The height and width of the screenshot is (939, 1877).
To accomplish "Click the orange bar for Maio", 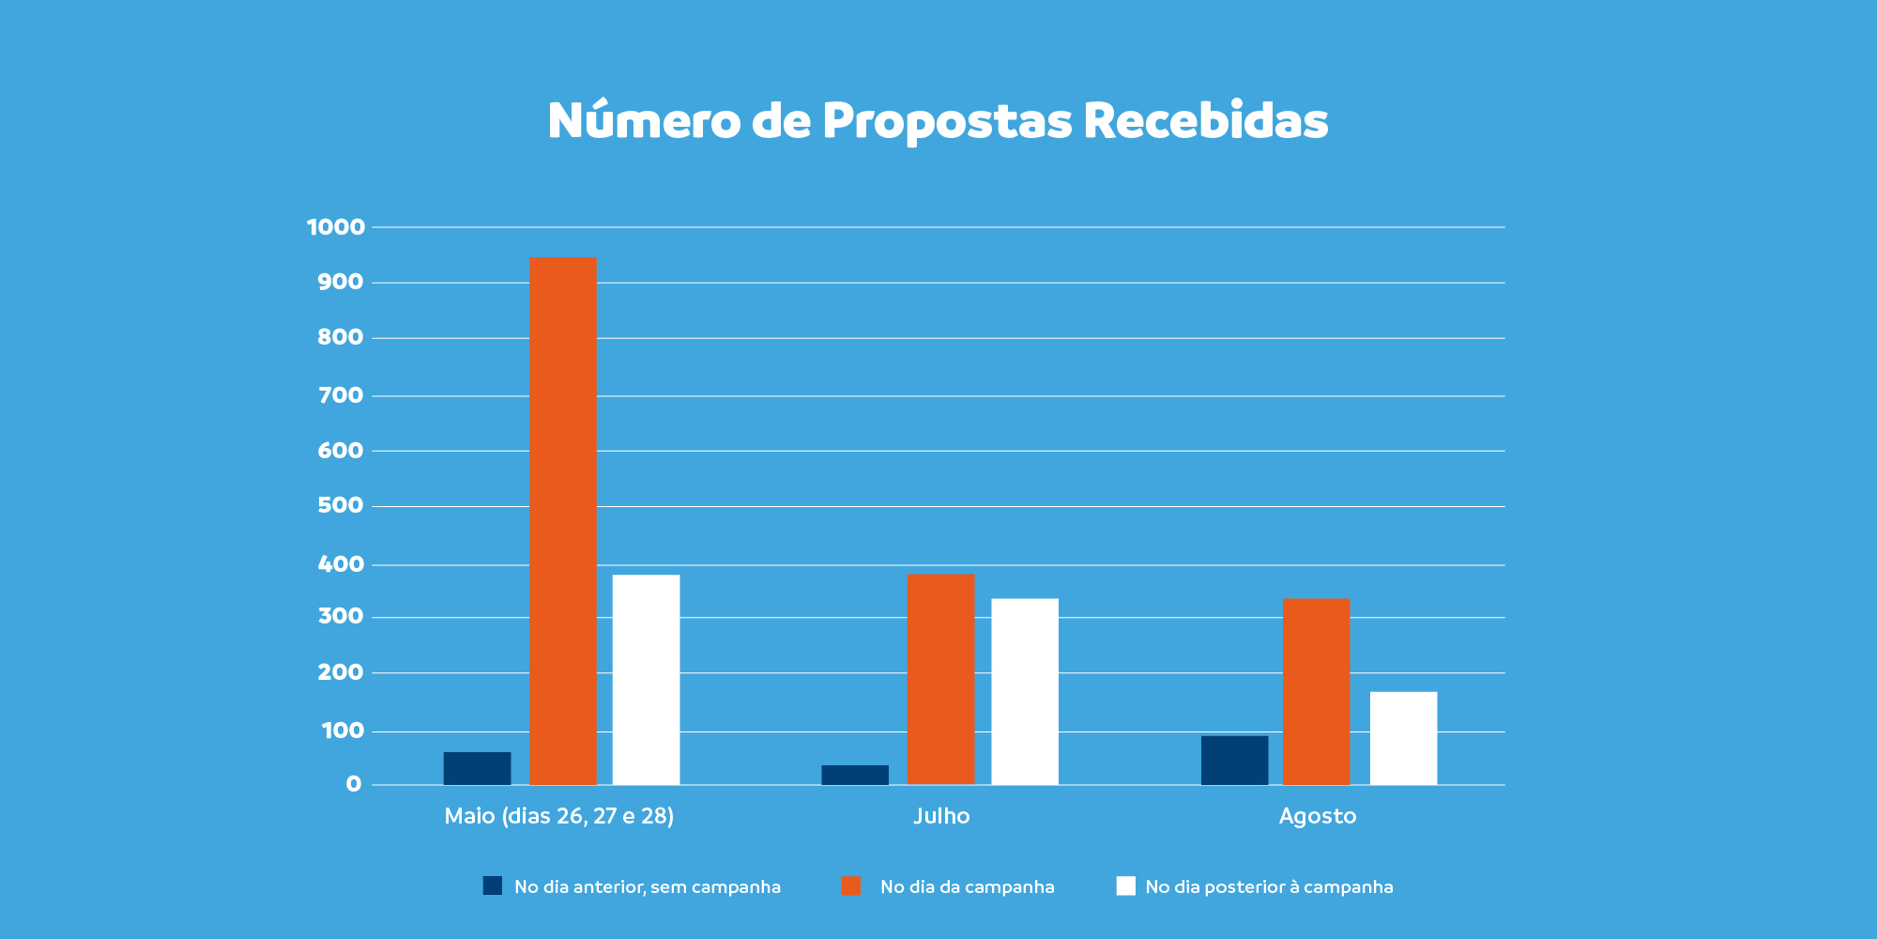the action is click(563, 521).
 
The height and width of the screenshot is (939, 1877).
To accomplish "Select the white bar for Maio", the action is click(647, 680).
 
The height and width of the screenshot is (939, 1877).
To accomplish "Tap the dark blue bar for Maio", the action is click(478, 768).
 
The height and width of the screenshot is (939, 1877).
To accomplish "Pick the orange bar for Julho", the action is click(941, 679).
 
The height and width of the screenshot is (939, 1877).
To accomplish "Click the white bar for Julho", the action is click(1025, 692).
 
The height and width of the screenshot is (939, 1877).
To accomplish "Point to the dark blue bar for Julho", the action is click(855, 775).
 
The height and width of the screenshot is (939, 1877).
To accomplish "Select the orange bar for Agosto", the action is click(1317, 692).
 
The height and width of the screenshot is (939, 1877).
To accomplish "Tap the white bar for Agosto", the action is click(1404, 738).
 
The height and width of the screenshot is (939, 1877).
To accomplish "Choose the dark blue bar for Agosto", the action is click(1235, 761).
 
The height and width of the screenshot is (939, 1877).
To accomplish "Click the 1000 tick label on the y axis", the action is click(336, 227).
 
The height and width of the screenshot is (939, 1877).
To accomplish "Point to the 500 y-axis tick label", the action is click(341, 505).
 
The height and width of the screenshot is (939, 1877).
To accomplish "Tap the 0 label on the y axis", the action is click(354, 784).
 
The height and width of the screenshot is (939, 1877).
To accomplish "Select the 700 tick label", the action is click(341, 395).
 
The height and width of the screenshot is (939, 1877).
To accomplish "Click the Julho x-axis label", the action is click(941, 816).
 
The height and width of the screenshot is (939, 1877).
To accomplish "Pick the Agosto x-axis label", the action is click(1318, 816).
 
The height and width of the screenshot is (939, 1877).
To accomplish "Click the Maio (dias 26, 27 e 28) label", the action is click(559, 816).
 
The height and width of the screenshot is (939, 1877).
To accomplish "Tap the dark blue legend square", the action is click(493, 885).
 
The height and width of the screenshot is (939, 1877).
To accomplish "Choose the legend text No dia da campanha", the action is click(968, 886).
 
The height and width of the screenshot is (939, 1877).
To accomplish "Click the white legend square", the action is click(1126, 885).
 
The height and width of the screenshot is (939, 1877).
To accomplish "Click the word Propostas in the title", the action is click(947, 121).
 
